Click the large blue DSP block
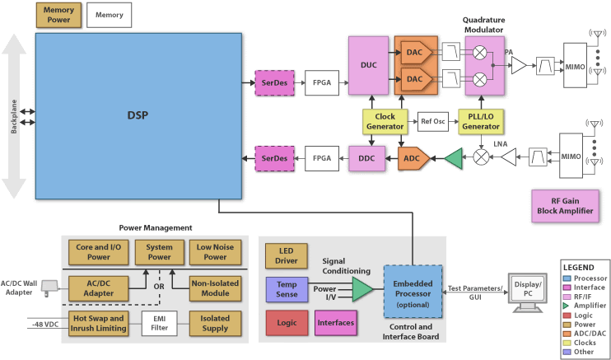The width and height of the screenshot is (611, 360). click(x=138, y=115)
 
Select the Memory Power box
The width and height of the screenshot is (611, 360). click(x=58, y=15)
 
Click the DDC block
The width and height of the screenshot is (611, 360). click(x=366, y=157)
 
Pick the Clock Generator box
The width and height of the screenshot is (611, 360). click(x=384, y=121)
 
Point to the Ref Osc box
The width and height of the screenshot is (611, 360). click(x=433, y=121)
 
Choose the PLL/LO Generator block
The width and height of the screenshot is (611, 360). click(x=482, y=121)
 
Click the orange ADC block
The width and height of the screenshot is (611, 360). click(x=409, y=157)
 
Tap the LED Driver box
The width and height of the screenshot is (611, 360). click(x=286, y=255)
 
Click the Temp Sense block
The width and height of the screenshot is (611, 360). click(x=286, y=289)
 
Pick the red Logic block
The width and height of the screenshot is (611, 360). click(x=286, y=323)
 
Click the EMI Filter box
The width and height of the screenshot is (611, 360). click(x=159, y=322)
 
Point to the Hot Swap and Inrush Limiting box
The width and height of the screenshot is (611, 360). click(x=97, y=322)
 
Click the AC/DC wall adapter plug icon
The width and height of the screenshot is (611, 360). click(x=50, y=288)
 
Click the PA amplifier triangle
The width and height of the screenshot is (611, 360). click(x=518, y=67)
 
